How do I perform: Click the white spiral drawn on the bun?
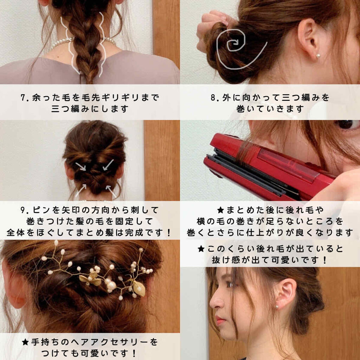[x=236, y=47]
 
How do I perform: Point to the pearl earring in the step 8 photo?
[x=318, y=56]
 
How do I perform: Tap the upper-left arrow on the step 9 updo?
[x=81, y=166]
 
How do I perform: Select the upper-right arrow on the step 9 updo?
[x=108, y=165]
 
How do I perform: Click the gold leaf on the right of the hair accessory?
[x=139, y=289]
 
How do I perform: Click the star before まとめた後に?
[x=220, y=210]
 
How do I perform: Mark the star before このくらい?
[x=201, y=249]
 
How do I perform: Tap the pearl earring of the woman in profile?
[x=277, y=307]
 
